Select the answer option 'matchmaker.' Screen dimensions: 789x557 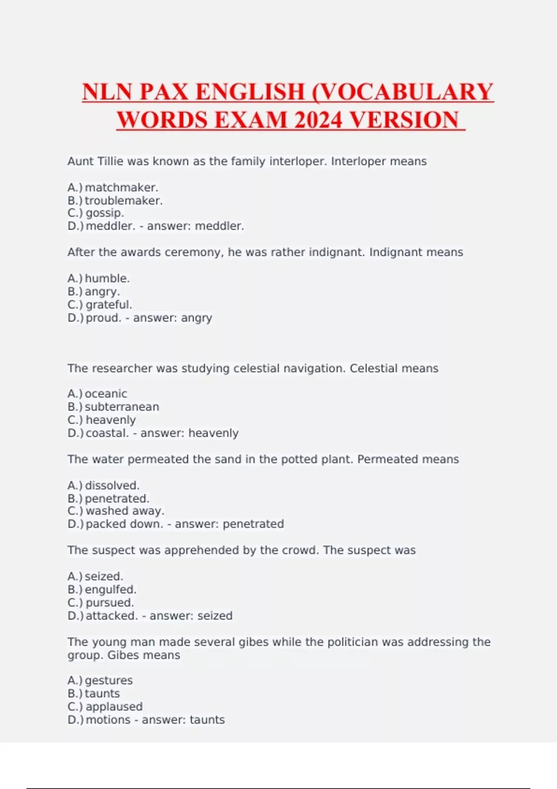[122, 188]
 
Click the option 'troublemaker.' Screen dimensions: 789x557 [123, 200]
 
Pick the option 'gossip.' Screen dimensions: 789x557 [105, 213]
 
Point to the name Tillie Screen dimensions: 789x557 [110, 162]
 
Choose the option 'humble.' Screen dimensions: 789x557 [107, 278]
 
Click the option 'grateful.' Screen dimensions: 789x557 [109, 304]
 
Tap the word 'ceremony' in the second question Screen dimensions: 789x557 [185, 252]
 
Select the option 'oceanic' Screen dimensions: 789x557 [106, 394]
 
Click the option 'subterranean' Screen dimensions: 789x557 [122, 407]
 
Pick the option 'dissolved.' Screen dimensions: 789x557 [112, 485]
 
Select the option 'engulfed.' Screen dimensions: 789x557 [110, 589]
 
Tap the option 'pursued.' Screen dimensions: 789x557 [110, 602]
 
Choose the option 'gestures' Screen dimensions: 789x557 [109, 680]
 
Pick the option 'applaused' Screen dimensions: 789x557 [114, 706]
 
